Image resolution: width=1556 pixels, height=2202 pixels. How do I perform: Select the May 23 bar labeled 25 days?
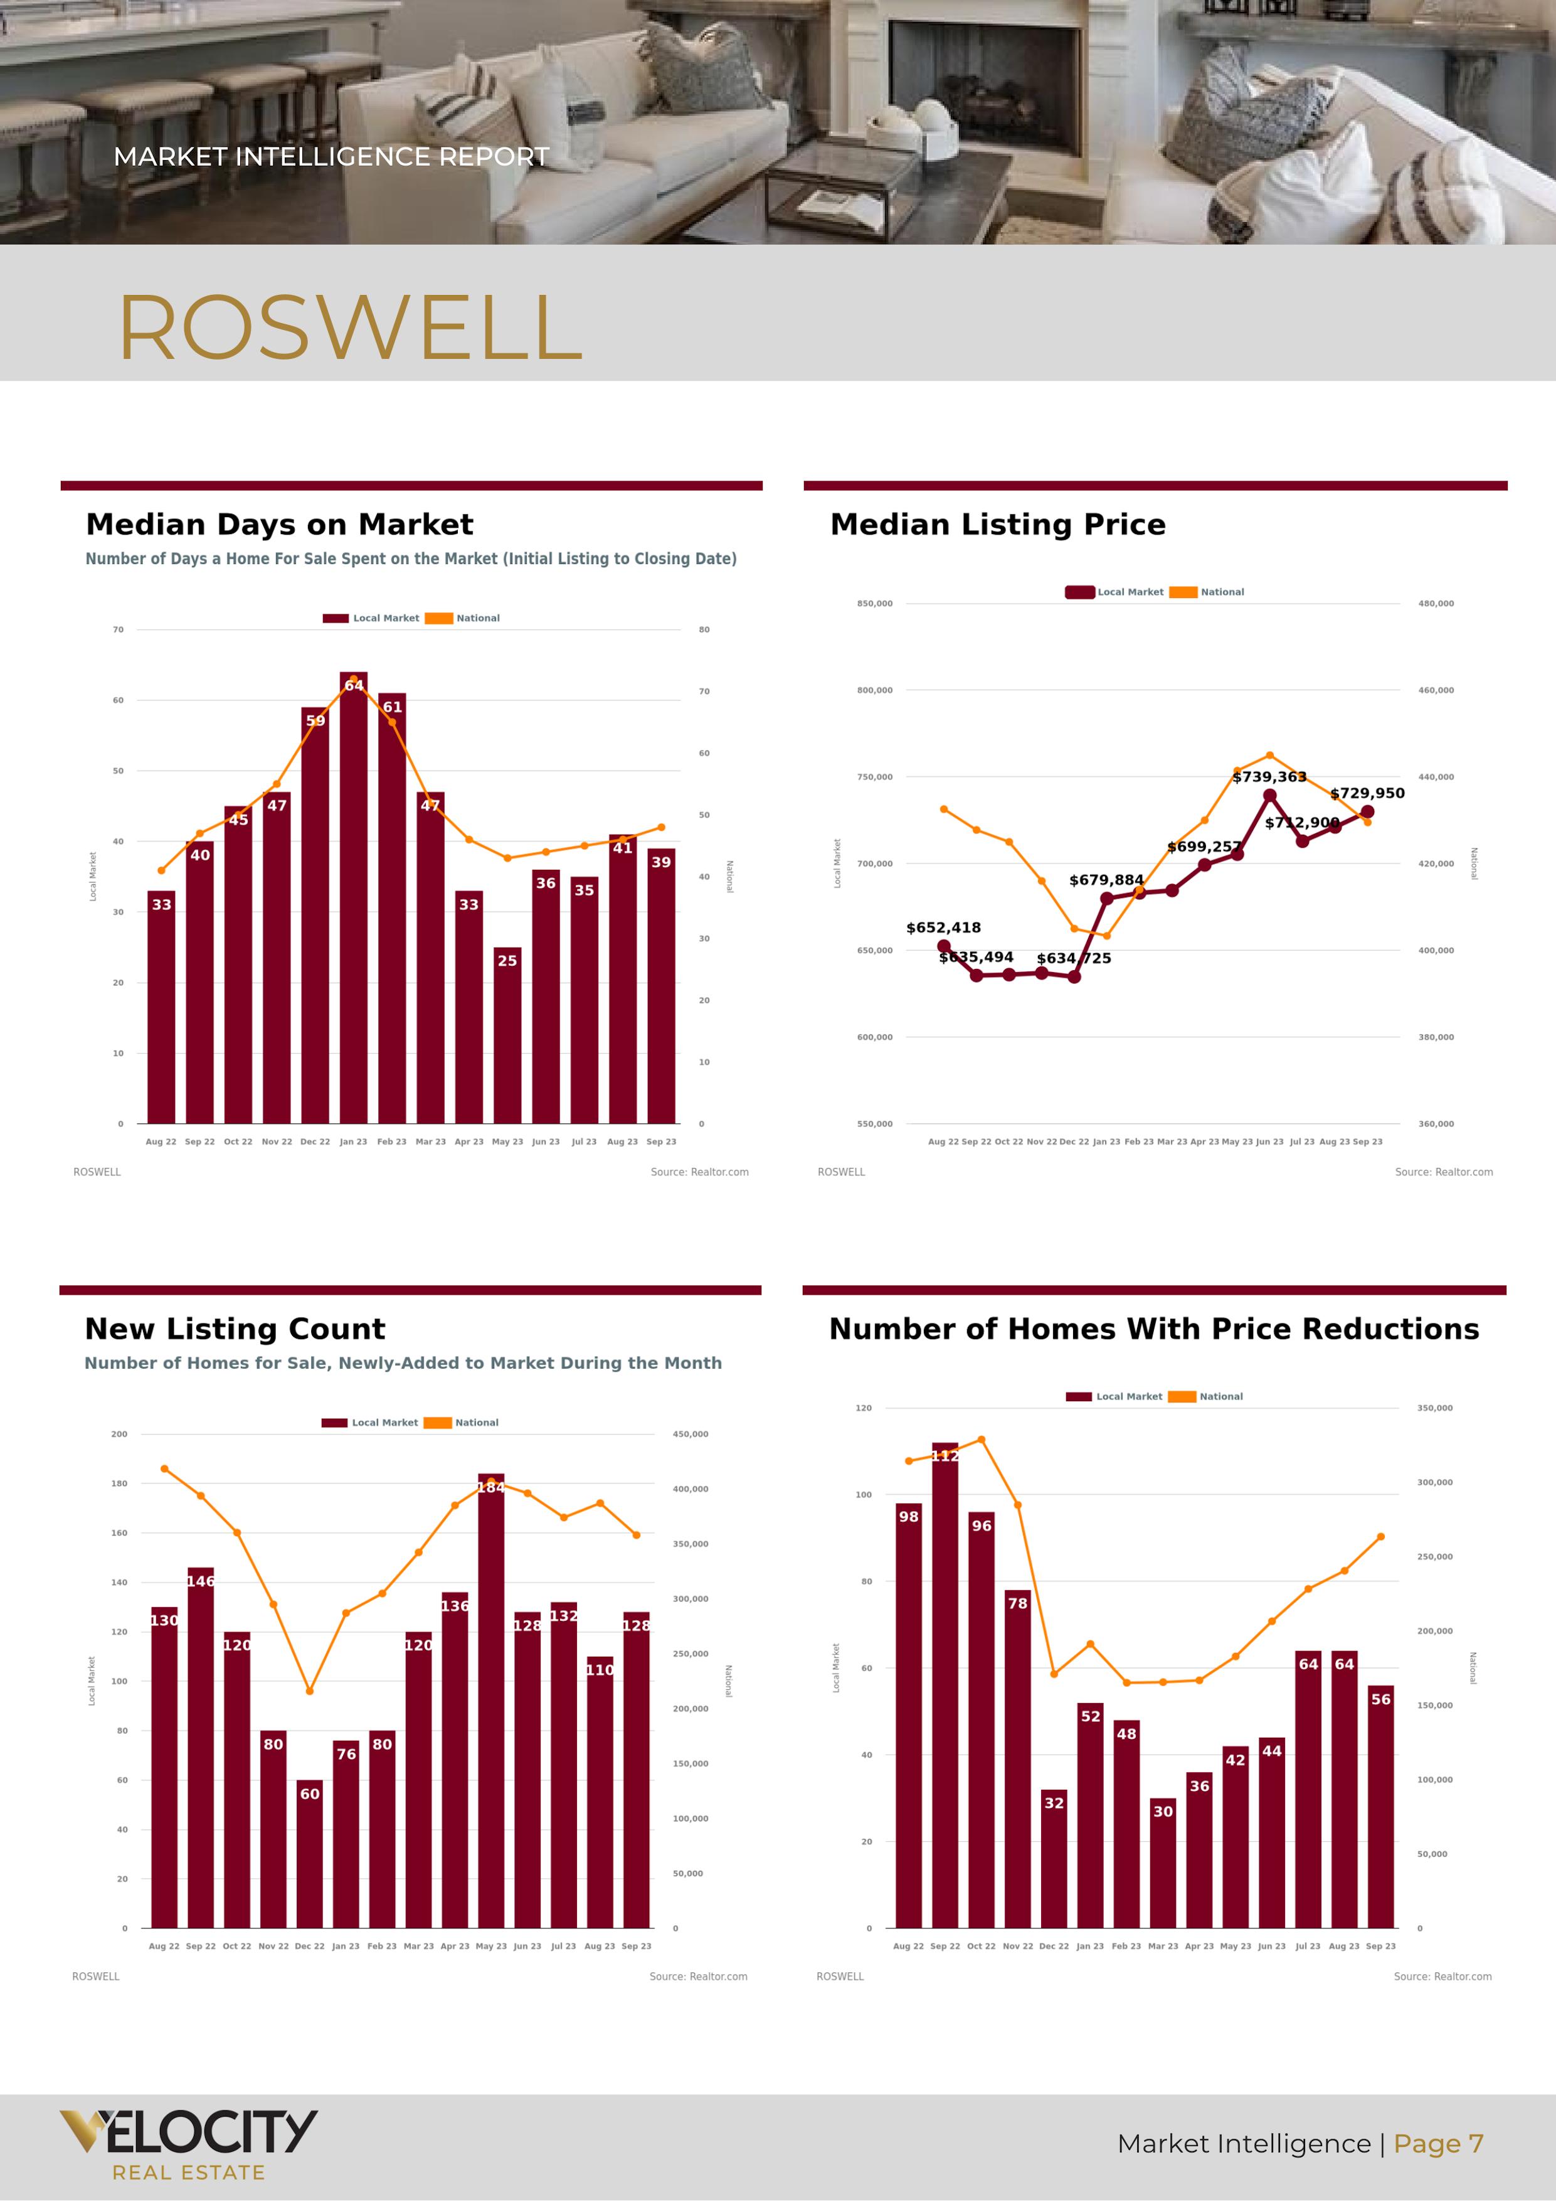coord(507,1036)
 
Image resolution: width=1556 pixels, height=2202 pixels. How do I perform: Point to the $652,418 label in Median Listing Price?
coord(943,927)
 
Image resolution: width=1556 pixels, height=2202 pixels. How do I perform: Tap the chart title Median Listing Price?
coord(997,525)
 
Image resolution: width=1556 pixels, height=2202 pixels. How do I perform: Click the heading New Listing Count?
coord(235,1328)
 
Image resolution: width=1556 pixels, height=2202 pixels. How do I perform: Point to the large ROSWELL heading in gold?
coord(350,328)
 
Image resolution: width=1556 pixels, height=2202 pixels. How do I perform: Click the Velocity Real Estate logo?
coord(189,2144)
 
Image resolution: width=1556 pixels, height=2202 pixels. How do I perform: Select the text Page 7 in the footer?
coord(1438,2144)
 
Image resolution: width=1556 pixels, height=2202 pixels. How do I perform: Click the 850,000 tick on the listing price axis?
coord(874,603)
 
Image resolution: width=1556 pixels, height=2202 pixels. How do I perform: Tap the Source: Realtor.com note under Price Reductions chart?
coord(1442,1977)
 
